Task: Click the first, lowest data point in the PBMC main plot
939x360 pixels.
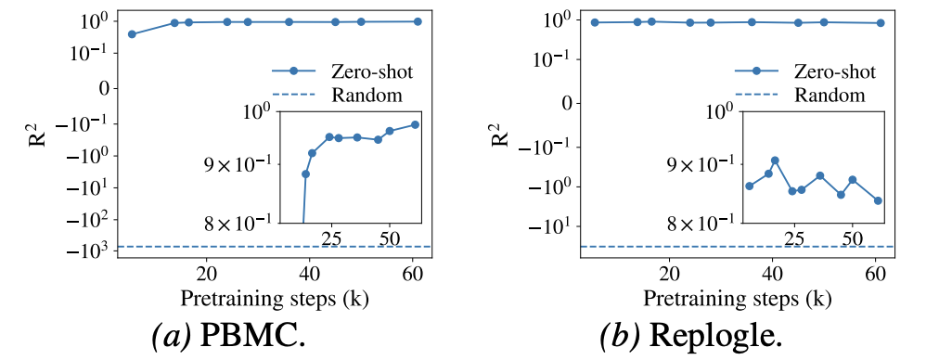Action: tap(132, 34)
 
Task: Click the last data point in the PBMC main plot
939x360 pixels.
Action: tap(418, 21)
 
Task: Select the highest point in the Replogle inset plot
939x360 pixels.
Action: tap(775, 161)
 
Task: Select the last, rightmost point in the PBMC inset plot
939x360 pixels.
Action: tap(415, 124)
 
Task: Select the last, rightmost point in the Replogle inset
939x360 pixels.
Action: tap(878, 200)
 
